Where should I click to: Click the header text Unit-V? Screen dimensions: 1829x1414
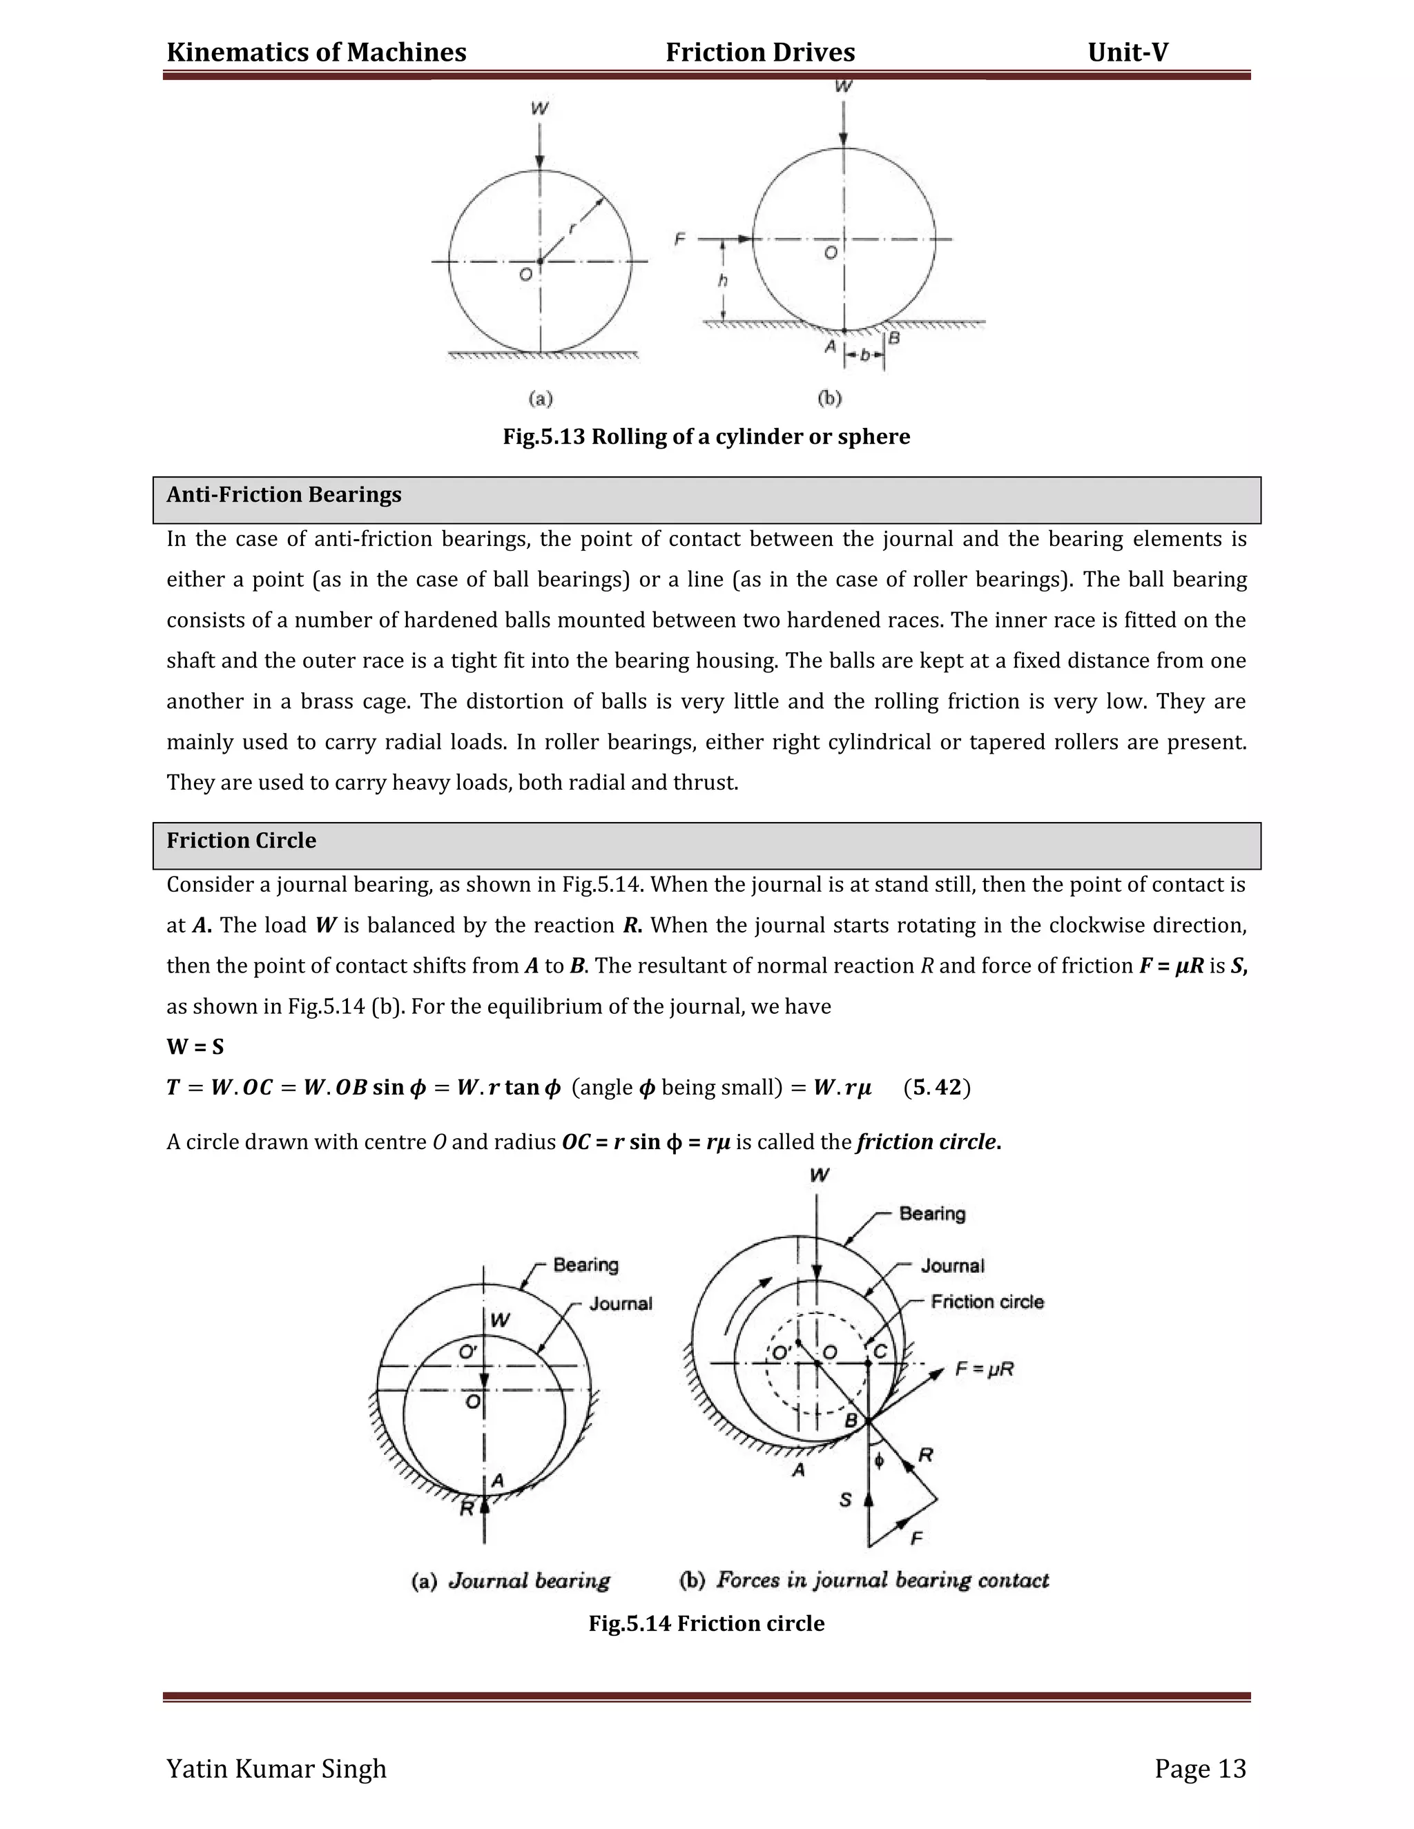tap(1127, 52)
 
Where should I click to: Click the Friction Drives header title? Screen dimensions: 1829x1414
tap(759, 52)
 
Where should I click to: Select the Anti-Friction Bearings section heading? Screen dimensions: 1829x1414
tap(284, 495)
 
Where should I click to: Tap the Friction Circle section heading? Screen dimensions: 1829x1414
tap(241, 841)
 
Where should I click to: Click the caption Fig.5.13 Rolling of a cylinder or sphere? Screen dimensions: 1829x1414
tap(706, 437)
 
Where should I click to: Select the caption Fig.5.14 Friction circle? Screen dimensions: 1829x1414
tap(706, 1623)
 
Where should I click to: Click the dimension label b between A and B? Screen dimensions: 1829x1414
tap(864, 356)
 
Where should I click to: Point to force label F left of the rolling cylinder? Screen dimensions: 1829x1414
tap(679, 239)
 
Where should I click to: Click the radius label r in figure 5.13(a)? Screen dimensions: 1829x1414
tap(572, 228)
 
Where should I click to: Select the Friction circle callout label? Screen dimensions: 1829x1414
tap(987, 1302)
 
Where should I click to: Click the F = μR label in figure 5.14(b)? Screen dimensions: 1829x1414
tap(985, 1369)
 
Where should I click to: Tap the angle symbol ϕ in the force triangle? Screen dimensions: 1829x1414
tap(879, 1460)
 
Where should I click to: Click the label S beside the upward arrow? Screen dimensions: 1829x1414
tap(845, 1500)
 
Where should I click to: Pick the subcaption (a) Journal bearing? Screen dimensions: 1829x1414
tap(511, 1581)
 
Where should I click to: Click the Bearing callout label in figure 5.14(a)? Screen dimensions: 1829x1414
tap(585, 1264)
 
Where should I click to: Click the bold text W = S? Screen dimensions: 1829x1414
tap(195, 1047)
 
